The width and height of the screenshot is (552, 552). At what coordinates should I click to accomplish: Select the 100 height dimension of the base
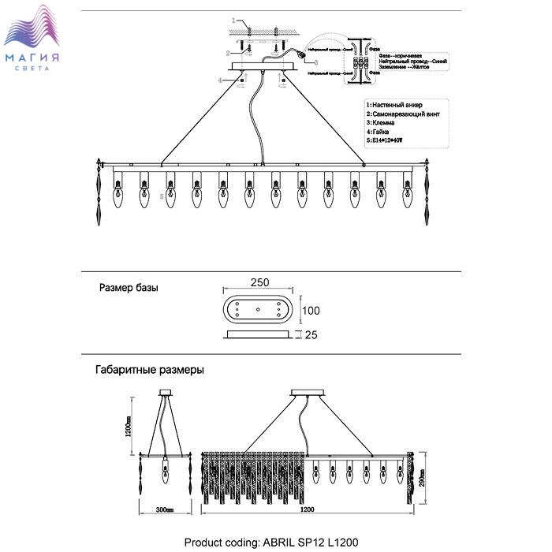pos(312,310)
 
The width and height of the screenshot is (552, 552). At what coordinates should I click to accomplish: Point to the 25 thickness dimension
pos(311,336)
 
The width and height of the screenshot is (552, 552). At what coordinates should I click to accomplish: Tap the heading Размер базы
pos(129,288)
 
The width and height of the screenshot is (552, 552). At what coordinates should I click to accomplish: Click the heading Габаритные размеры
pos(150,369)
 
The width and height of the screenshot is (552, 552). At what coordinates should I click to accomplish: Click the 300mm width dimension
pos(164,510)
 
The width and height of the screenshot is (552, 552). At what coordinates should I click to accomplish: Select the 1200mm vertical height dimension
pos(128,427)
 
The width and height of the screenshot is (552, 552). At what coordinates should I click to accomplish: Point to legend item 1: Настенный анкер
pos(396,105)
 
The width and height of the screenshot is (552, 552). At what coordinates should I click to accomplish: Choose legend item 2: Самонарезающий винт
pos(403,114)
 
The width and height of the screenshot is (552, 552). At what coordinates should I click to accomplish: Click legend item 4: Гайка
pos(382,132)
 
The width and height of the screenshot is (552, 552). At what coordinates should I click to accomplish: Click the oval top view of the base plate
pos(257,310)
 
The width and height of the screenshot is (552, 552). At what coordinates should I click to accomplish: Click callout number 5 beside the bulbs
pos(162,196)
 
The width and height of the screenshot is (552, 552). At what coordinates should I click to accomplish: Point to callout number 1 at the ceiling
pos(234,18)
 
